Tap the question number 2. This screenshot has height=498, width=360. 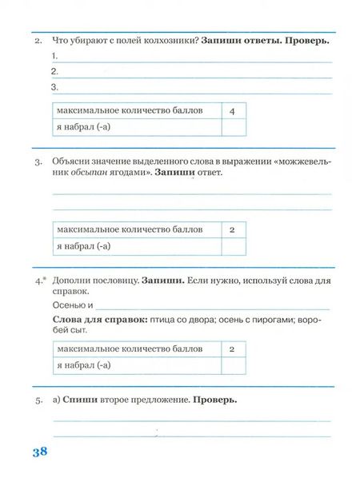38,39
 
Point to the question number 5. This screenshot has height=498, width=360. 38,400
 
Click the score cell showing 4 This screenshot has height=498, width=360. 231,110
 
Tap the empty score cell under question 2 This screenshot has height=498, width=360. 231,126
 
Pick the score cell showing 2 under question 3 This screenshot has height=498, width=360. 231,229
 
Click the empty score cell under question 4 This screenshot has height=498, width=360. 231,365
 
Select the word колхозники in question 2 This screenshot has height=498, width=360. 168,39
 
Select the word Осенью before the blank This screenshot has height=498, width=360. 69,305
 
